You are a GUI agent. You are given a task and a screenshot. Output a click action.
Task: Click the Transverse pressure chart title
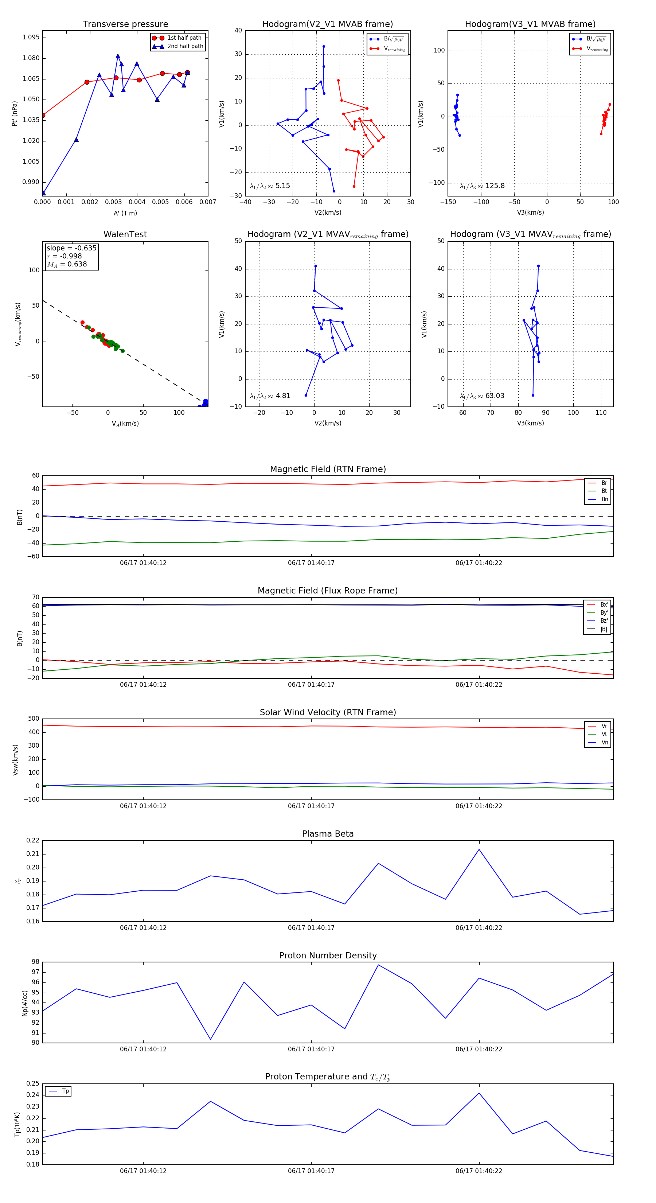125,24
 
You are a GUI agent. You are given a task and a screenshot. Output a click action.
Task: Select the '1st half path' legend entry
184,38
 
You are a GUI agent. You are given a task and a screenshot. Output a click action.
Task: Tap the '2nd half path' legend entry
185,46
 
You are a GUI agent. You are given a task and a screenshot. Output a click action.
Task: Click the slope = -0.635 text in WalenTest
71,248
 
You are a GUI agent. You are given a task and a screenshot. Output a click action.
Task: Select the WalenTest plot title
125,234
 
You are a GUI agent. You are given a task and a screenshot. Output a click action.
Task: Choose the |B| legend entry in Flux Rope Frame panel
603,629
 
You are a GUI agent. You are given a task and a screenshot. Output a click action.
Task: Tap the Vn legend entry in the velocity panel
604,743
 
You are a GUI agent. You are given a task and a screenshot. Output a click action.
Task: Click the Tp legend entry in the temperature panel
65,1091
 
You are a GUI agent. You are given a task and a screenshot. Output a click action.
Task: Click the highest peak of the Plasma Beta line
479,849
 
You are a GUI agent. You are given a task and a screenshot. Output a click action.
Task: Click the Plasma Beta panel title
328,834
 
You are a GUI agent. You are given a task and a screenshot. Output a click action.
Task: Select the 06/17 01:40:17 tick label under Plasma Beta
311,928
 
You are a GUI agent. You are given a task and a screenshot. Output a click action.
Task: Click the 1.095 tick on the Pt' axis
31,37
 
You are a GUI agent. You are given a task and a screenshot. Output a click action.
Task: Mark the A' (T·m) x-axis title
125,213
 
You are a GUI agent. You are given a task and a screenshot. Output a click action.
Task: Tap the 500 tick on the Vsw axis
34,719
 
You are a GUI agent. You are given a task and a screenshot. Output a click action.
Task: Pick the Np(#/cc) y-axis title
25,1003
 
